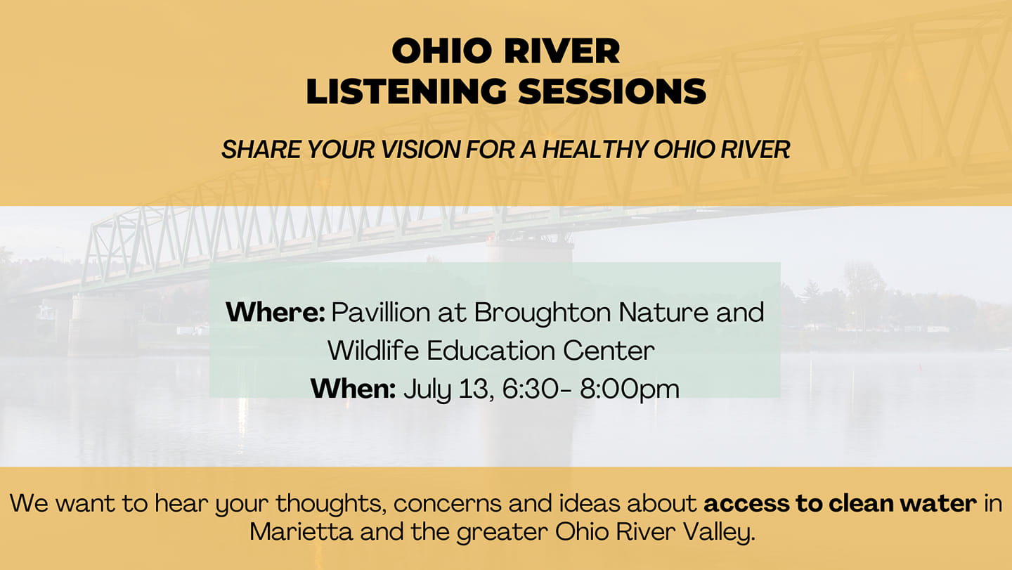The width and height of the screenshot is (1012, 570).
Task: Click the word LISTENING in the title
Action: (x=406, y=91)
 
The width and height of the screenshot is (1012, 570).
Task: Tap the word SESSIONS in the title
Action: (x=612, y=91)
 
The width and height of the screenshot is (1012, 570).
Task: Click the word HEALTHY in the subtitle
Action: (x=595, y=150)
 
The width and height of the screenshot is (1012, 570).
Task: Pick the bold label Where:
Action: (x=275, y=312)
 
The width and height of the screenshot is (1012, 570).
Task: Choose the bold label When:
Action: (x=353, y=389)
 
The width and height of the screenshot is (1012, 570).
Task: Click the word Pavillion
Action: (x=381, y=312)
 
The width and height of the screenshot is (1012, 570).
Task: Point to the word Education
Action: (x=491, y=351)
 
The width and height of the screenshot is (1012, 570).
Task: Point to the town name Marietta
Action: (x=301, y=532)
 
